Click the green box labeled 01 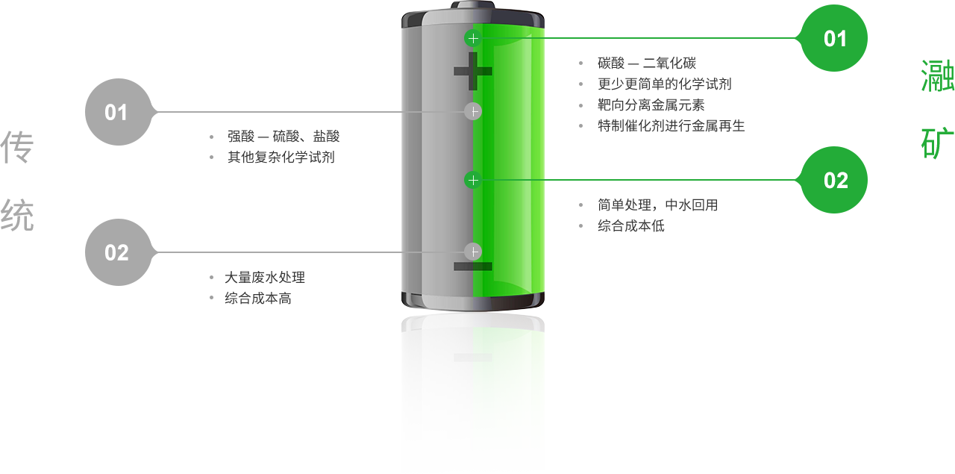pos(833,38)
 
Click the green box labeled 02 pos(833,180)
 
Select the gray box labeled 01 pos(118,112)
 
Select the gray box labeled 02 pos(118,252)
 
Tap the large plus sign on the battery pos(473,72)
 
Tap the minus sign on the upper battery pos(473,266)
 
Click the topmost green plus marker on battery pos(472,37)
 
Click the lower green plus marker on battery pos(472,180)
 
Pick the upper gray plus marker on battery pos(472,111)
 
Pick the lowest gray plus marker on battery pos(472,252)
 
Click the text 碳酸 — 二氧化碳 pos(647,63)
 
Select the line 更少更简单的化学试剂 pos(664,84)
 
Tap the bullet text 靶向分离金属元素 pos(651,105)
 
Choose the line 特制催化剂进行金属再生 pos(671,126)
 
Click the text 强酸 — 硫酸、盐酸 pos(284,137)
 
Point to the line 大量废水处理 pos(265,277)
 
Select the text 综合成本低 pos(630,225)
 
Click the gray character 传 pos(17,148)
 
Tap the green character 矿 pos(938,144)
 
